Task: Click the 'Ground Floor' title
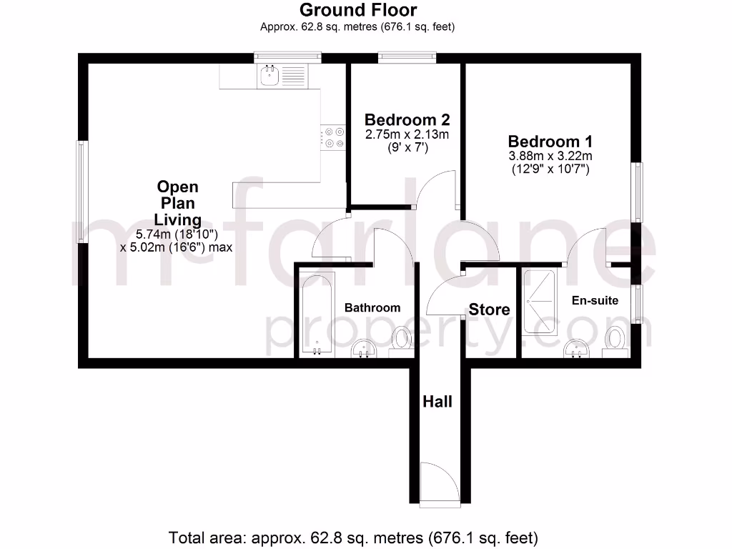(x=357, y=10)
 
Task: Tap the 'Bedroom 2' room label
(x=406, y=119)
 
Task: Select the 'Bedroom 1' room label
(x=550, y=141)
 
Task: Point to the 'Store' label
(x=489, y=310)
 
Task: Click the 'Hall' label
(x=437, y=402)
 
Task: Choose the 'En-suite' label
(x=595, y=300)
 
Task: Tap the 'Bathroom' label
(x=372, y=307)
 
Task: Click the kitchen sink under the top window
(x=271, y=75)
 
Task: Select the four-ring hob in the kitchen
(x=334, y=137)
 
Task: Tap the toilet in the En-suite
(x=613, y=340)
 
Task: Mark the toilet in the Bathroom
(x=402, y=340)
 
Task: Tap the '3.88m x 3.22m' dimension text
(x=550, y=156)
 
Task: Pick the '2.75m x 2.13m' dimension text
(x=406, y=134)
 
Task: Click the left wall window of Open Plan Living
(x=82, y=192)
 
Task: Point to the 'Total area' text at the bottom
(x=353, y=537)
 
